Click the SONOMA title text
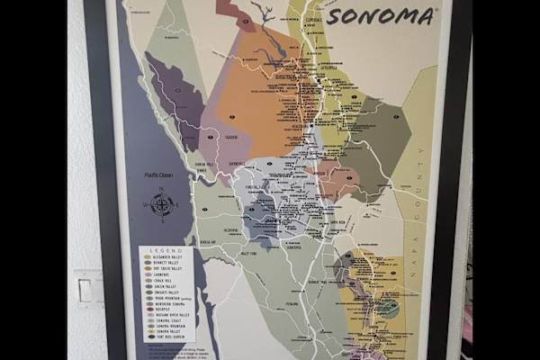point(381,16)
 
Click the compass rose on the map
point(162,205)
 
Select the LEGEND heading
point(167,250)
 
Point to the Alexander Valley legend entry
point(169,257)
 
